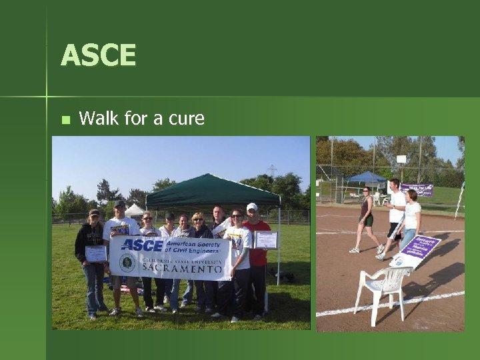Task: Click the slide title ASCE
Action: tap(98, 55)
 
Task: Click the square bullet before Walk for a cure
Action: tap(65, 120)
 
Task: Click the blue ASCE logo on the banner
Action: tap(143, 245)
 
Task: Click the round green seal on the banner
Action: tap(127, 263)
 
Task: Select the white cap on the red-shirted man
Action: tap(252, 207)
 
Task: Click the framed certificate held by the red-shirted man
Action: tap(266, 240)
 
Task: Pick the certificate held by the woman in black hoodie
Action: tap(96, 253)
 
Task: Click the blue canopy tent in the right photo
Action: tap(367, 177)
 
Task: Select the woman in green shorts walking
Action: tap(365, 219)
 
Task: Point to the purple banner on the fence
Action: tap(417, 189)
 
